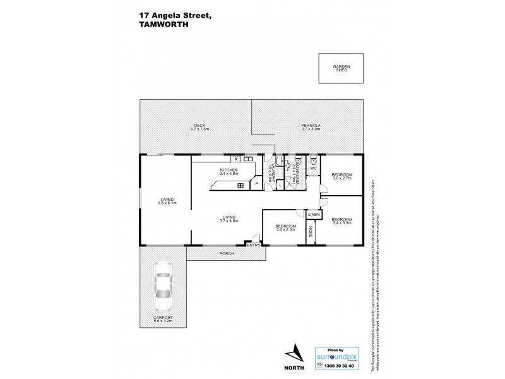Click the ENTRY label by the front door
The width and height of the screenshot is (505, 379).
coord(254,245)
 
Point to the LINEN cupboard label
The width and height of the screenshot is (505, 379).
coord(314,215)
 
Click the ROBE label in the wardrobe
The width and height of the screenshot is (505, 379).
coord(311,232)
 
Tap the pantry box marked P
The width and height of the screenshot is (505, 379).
coord(257,184)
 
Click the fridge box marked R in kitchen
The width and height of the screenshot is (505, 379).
coord(235,159)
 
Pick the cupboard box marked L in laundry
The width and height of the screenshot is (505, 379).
coord(280,184)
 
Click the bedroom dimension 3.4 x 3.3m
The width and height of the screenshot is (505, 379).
coord(342,223)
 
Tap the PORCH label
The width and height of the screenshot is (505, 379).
coord(226,253)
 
